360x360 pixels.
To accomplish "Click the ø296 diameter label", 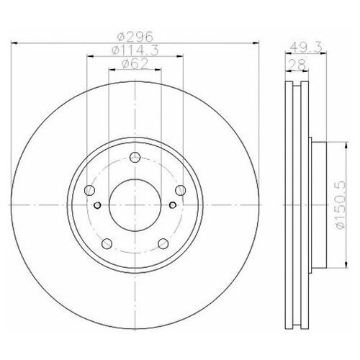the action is coord(135,37).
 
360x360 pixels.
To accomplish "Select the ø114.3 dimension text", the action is coord(135,50).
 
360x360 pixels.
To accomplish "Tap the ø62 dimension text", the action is coord(135,64).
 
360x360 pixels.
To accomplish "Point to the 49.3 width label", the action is coord(306,48).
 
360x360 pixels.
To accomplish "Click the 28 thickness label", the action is coord(297,64).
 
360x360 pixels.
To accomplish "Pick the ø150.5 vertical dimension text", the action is coord(341,204).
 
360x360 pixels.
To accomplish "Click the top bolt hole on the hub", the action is coord(135,158).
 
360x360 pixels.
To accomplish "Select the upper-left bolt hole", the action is coord(89,190).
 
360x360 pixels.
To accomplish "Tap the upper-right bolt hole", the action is coord(180,190).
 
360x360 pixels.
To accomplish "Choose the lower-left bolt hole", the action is coord(107,243).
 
